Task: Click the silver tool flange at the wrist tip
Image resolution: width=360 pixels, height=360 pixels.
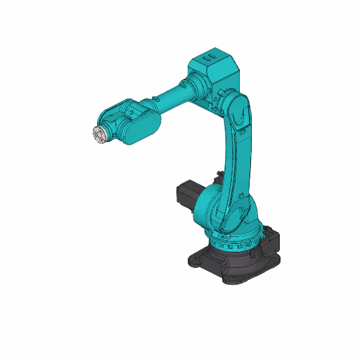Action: pos(98,134)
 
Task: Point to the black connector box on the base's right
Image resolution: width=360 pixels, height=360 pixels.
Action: pos(272,242)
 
